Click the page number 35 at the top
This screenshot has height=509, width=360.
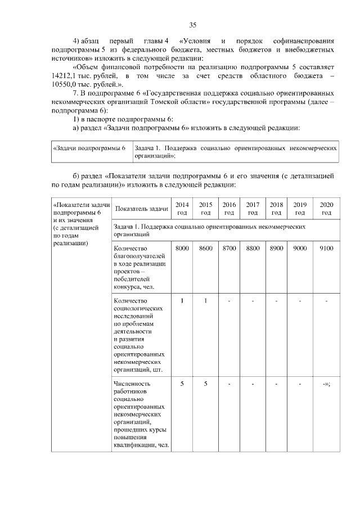tap(192, 25)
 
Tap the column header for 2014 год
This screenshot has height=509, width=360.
tap(182, 208)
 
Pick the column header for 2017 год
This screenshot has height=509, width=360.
tap(253, 208)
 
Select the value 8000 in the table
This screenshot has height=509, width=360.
tap(182, 249)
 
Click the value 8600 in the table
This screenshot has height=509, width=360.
tap(206, 249)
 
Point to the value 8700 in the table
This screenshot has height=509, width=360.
tap(229, 249)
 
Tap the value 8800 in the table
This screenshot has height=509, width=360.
tap(253, 249)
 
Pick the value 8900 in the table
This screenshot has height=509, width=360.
tap(276, 249)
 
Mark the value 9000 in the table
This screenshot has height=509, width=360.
tap(300, 249)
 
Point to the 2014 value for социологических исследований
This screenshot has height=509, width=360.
tap(182, 300)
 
